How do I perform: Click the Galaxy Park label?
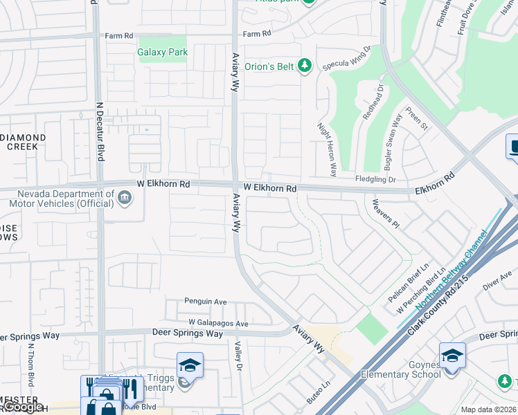click(163, 52)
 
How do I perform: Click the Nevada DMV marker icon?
click(125, 199)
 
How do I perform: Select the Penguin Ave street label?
click(206, 302)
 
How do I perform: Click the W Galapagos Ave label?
click(218, 324)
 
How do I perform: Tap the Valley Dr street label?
click(238, 357)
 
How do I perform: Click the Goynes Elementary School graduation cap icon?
click(452, 356)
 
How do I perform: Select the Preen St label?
click(418, 118)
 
